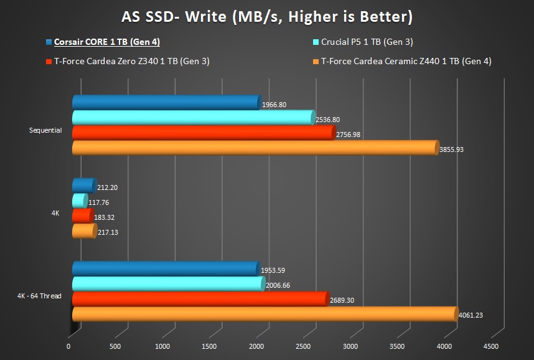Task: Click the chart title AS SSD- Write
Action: tap(266, 16)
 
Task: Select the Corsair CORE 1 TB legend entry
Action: tap(106, 42)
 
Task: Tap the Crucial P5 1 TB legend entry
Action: tap(367, 42)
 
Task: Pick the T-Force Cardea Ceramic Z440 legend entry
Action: tap(406, 61)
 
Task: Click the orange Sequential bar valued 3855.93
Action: tap(255, 148)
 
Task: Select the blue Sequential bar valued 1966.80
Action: tap(165, 102)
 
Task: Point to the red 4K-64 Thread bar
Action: tap(199, 299)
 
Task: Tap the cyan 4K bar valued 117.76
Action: tap(80, 201)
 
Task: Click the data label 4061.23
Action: tap(471, 315)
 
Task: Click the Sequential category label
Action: tap(45, 130)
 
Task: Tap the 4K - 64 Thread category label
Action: tap(39, 296)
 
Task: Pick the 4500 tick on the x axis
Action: tap(490, 346)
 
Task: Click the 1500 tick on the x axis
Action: tap(209, 346)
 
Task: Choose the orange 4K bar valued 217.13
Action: tap(84, 231)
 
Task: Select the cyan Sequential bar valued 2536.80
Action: tap(193, 117)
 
